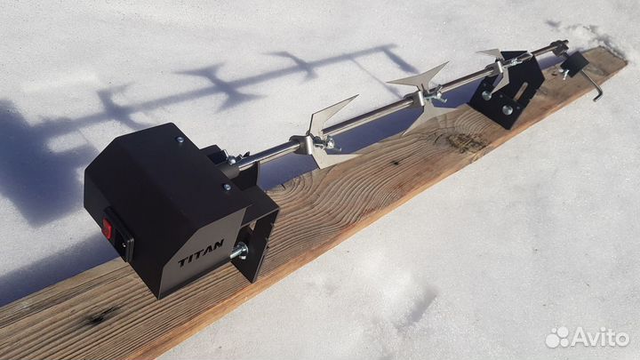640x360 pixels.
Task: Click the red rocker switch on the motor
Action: [x=108, y=228]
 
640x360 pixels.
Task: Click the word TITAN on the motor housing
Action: [x=201, y=253]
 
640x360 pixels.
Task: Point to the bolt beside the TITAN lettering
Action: [x=239, y=250]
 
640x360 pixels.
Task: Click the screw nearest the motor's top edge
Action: [x=180, y=140]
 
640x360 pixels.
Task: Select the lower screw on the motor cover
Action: [x=227, y=187]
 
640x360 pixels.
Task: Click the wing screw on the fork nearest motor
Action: [x=326, y=143]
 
